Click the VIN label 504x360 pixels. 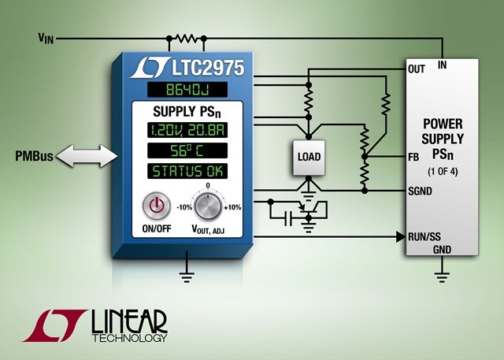(46, 39)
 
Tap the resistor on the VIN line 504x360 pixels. (187, 39)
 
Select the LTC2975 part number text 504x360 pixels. (208, 68)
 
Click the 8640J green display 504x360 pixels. (187, 90)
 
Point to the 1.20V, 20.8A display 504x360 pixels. (187, 130)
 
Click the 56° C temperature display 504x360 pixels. (187, 150)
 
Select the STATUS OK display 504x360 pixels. (187, 171)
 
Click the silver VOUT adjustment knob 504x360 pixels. (208, 206)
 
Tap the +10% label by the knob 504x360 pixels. (232, 207)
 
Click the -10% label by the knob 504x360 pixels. (184, 207)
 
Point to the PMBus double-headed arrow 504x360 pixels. (87, 156)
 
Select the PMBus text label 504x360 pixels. (34, 156)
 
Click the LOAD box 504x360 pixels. (309, 158)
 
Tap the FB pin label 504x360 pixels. (413, 158)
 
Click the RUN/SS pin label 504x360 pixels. (424, 237)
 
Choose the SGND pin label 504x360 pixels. (420, 191)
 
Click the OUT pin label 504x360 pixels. (417, 69)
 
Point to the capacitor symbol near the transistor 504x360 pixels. (289, 218)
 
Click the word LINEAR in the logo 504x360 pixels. (129, 321)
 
